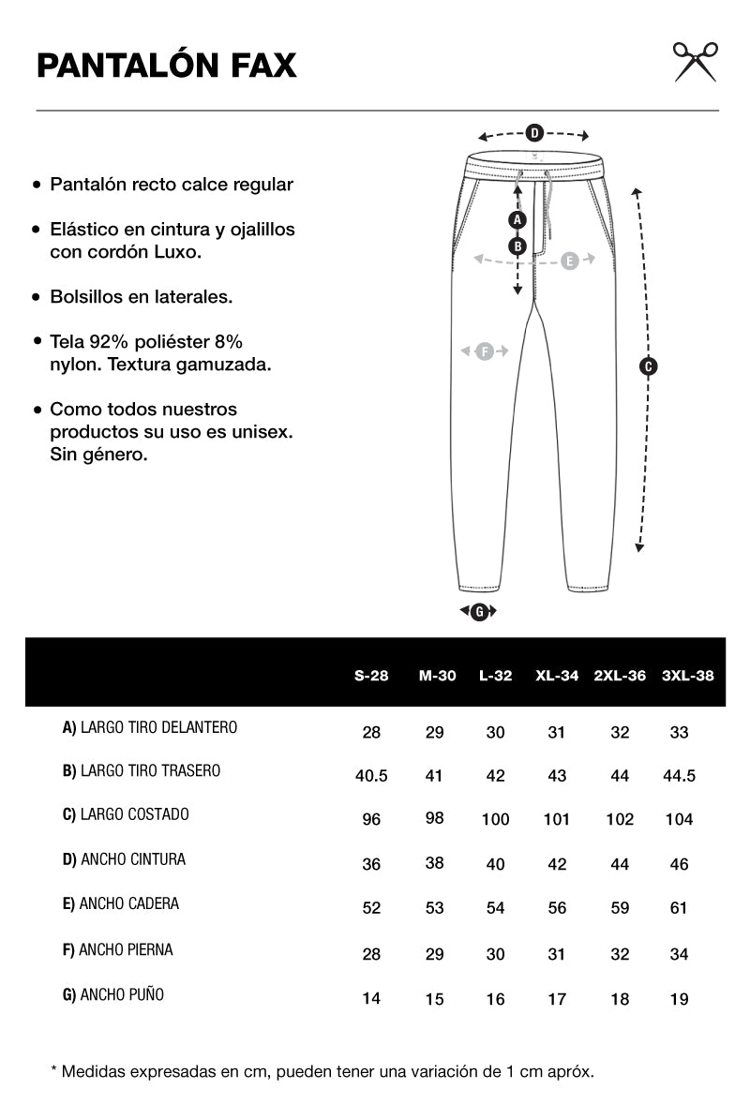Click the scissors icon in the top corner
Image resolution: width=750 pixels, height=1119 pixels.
(x=696, y=62)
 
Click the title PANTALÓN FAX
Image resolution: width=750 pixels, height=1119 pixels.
(x=167, y=66)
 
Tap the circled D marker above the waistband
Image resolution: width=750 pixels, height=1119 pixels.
(x=533, y=133)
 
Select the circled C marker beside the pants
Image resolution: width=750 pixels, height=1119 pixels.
(x=647, y=366)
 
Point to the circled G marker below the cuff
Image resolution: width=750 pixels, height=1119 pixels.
(x=479, y=612)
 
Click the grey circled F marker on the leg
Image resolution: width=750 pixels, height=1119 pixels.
(x=484, y=351)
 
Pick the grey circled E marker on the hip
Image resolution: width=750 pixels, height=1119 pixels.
(x=569, y=261)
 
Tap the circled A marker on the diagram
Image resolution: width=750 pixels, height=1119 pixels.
(x=517, y=220)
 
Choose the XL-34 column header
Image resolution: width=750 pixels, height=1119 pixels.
(x=557, y=675)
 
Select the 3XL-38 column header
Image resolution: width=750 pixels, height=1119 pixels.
(x=688, y=675)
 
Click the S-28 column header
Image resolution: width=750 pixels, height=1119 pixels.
(x=371, y=675)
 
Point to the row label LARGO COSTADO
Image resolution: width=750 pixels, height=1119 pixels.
(x=126, y=814)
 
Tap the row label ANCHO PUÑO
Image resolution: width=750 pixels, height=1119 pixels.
(x=113, y=994)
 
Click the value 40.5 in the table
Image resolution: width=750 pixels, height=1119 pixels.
(x=371, y=776)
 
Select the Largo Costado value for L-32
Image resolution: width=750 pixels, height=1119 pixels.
(x=495, y=820)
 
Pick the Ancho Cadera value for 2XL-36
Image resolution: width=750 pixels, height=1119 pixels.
(x=620, y=908)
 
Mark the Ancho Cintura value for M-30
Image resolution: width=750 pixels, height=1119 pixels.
(x=434, y=863)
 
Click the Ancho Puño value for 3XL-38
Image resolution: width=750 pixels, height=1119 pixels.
(x=679, y=999)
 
